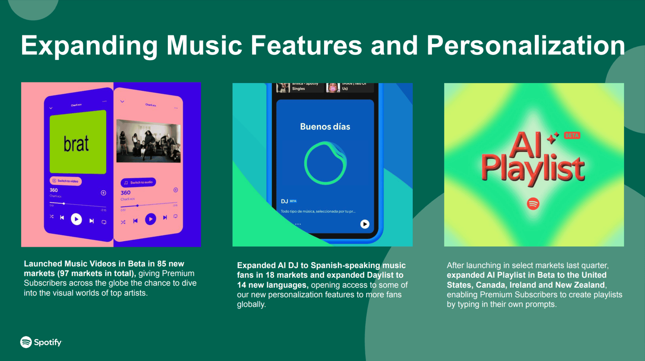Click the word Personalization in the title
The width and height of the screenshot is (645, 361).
[526, 46]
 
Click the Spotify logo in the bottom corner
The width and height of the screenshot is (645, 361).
[41, 342]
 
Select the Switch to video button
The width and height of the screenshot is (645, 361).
[66, 181]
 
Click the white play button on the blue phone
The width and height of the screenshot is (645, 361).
[76, 219]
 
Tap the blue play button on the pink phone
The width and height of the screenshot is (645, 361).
[150, 219]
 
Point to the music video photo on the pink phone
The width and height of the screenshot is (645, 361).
[148, 141]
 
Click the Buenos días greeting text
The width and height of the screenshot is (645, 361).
[325, 127]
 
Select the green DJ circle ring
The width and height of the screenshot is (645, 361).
[325, 163]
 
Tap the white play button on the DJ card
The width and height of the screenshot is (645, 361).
[365, 224]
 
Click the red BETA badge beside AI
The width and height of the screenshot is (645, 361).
[572, 135]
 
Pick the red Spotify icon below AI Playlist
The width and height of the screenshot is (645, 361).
[533, 204]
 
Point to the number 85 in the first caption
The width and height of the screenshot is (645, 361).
[162, 264]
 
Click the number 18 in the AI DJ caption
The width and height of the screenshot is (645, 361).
[270, 275]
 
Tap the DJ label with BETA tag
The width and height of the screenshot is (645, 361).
[288, 201]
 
